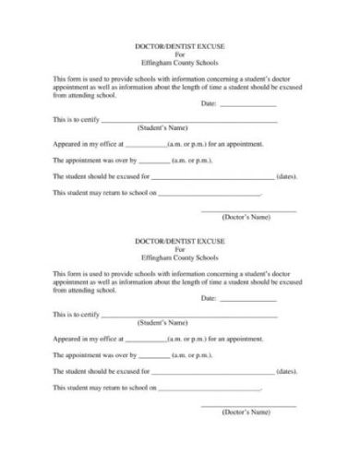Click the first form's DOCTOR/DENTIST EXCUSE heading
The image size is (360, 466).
(x=179, y=43)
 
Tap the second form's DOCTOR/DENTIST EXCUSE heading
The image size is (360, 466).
(x=179, y=242)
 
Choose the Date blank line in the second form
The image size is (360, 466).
(x=248, y=302)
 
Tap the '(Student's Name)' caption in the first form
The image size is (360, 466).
(x=162, y=127)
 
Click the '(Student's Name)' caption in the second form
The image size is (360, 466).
(x=162, y=324)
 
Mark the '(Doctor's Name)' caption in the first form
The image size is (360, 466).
(x=246, y=218)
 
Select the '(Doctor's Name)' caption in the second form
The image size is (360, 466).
(x=246, y=413)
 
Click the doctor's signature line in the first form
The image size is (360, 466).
(x=247, y=211)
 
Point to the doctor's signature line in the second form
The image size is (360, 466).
(x=247, y=407)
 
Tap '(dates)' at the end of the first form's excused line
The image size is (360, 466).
(x=287, y=176)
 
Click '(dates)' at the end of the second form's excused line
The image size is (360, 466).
(x=287, y=372)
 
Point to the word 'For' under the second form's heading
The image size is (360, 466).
(x=179, y=250)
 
